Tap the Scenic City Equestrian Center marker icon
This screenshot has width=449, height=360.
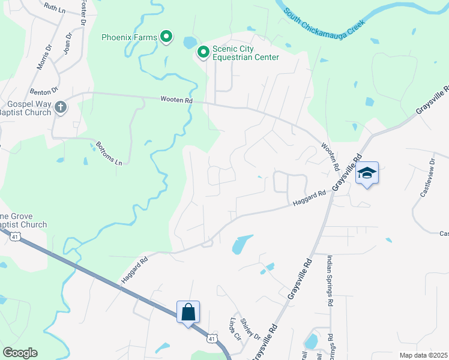pos(203,53)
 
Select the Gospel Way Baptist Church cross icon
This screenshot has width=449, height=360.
pos(60,108)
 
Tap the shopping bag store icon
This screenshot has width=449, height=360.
pos(188,312)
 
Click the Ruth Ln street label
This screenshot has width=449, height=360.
pos(55,8)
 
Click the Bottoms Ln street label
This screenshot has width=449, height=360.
pos(109,154)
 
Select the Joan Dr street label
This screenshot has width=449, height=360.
pos(67,44)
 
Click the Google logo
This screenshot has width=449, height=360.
pos(19,353)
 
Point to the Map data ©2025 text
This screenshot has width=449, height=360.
pos(423,355)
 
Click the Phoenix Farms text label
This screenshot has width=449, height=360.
pos(129,37)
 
